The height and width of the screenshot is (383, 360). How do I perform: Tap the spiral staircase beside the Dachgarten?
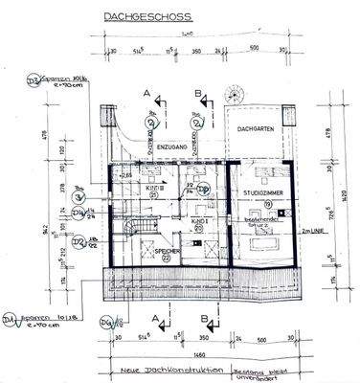(233, 98)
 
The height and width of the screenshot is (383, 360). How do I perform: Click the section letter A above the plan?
(146, 94)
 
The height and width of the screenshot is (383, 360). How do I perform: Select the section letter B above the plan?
(196, 94)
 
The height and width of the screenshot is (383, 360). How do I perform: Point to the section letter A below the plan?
(146, 304)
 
